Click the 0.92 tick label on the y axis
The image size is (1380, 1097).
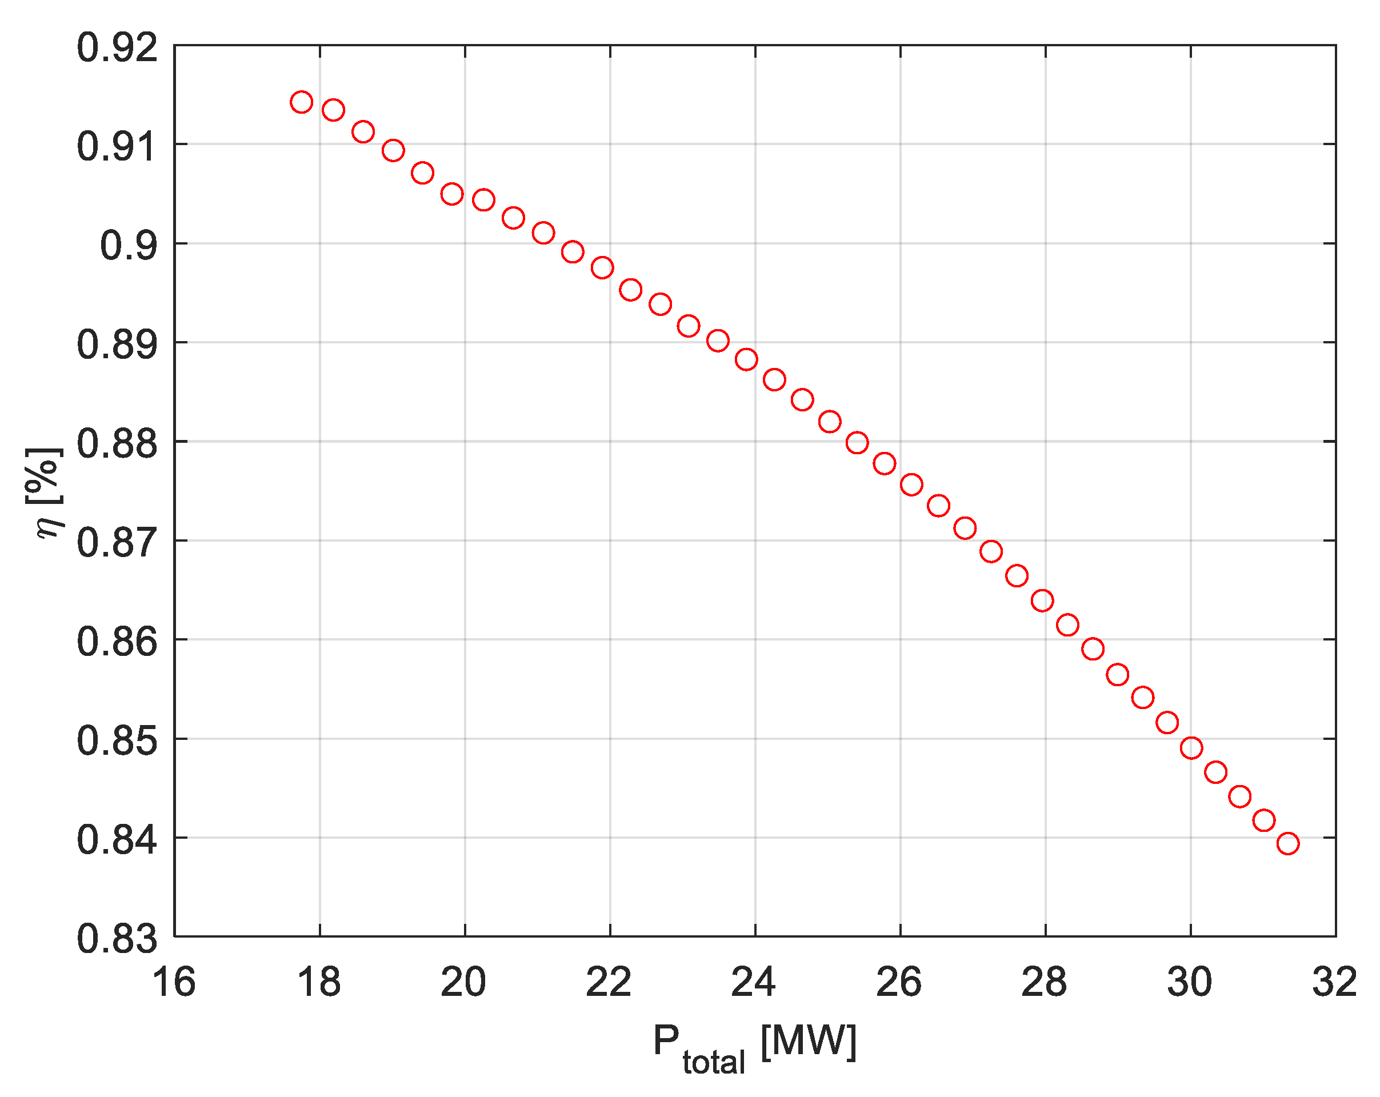point(117,48)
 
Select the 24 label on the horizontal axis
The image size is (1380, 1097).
point(754,982)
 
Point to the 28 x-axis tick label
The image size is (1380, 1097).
point(1045,982)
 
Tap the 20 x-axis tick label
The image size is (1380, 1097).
point(464,982)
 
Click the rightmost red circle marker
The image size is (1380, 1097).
point(1288,843)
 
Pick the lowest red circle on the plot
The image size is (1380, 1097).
point(1288,843)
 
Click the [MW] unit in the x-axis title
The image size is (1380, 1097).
point(809,1042)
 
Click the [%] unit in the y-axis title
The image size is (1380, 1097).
point(45,476)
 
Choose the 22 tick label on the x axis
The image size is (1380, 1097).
point(609,982)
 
